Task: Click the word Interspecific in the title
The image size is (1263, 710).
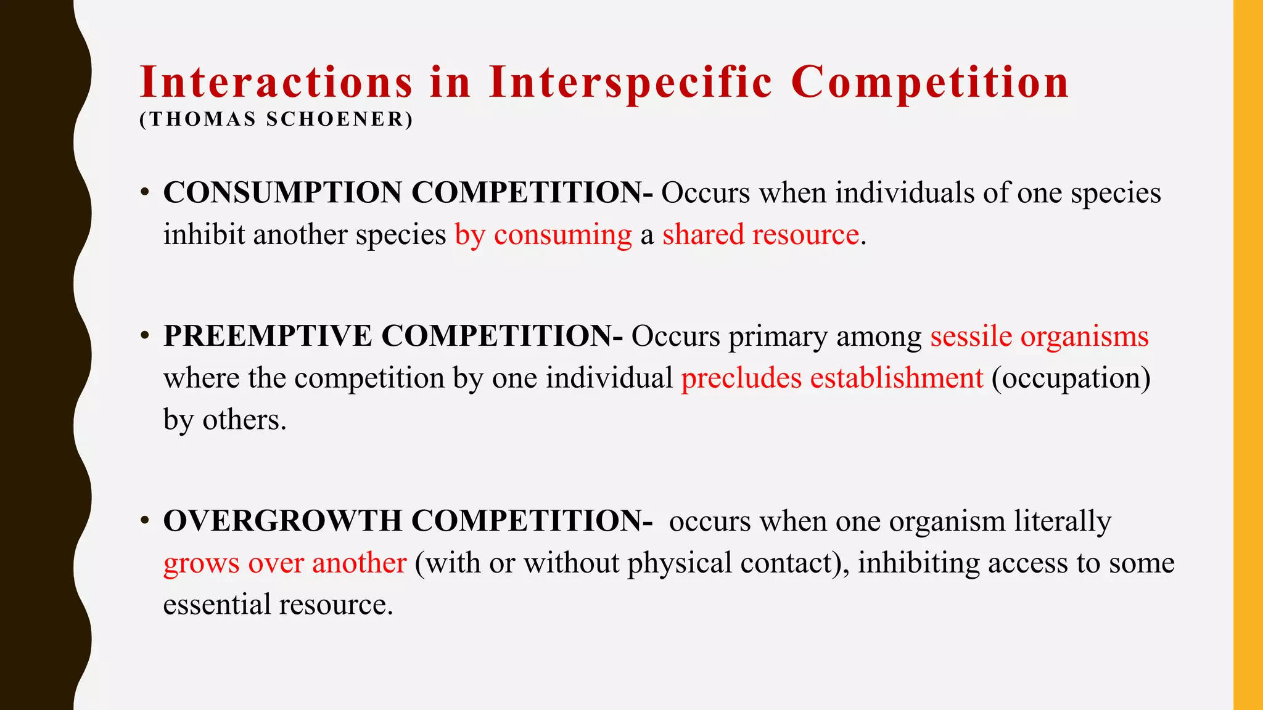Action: tap(630, 83)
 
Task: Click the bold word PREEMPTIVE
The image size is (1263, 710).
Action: tap(268, 337)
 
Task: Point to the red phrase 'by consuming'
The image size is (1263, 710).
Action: tap(543, 235)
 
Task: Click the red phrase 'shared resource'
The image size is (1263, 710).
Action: tap(760, 235)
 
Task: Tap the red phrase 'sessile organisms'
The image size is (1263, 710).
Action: tap(1039, 337)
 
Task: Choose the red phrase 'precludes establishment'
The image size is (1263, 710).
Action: tap(831, 378)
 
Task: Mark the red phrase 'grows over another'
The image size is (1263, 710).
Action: tap(285, 563)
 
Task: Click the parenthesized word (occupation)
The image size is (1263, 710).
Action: tap(1071, 378)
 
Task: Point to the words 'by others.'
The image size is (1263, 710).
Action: tap(225, 420)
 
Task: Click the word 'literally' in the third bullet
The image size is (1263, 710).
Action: tap(1063, 521)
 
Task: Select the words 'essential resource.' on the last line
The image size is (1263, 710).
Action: tap(278, 604)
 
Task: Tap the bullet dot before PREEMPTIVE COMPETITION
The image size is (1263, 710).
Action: tap(144, 337)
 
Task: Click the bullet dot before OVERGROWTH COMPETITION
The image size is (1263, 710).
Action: tap(144, 521)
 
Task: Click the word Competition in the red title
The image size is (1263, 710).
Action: tap(929, 83)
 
